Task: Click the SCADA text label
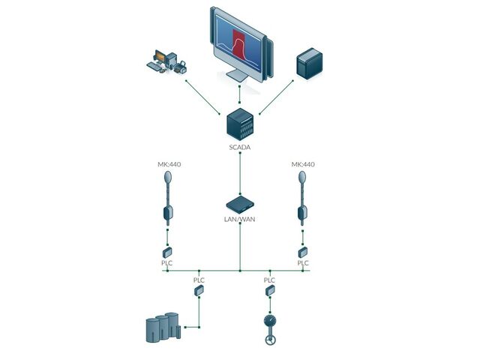pos(239,148)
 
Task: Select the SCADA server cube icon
pos(239,123)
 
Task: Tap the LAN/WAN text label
pos(239,219)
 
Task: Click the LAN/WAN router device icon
pos(239,203)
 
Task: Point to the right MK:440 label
pos(303,164)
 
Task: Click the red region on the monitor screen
pos(238,41)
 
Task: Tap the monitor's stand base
pos(238,76)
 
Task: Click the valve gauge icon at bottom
pos(269,327)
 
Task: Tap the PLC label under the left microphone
pos(167,263)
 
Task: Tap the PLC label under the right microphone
pos(303,263)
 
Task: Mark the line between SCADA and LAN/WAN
pos(239,172)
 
